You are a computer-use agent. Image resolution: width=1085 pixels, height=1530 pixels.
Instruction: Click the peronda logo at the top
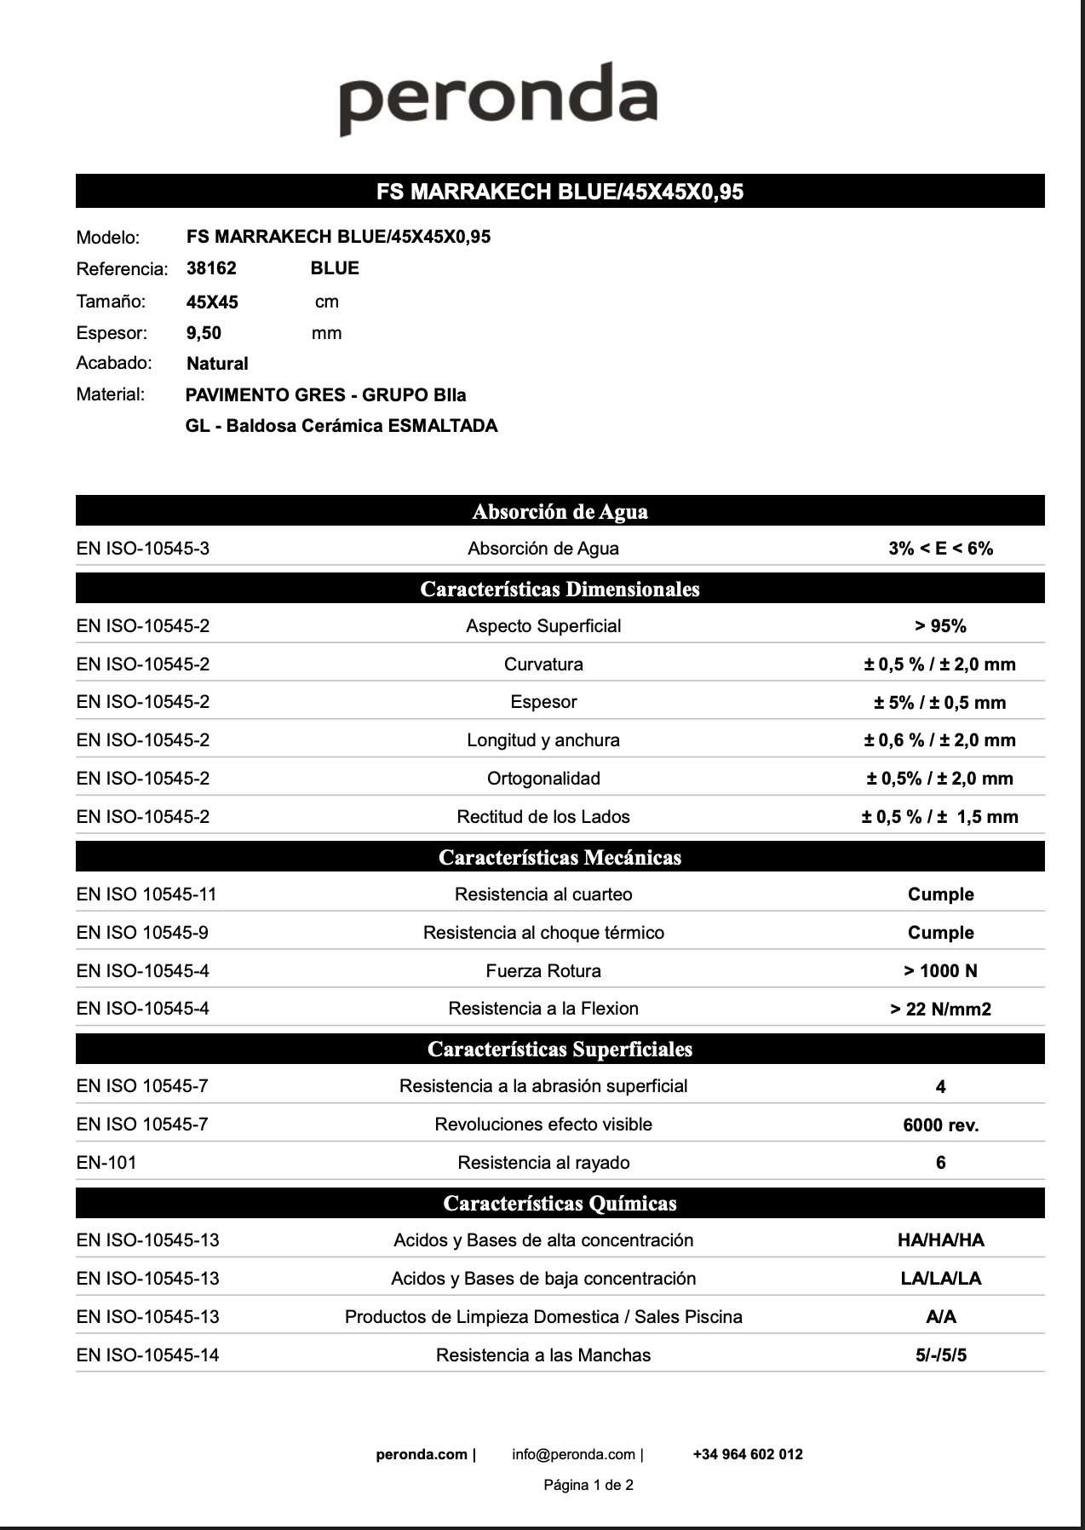[x=498, y=98]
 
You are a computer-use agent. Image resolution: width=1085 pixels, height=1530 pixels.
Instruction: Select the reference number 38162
[x=211, y=268]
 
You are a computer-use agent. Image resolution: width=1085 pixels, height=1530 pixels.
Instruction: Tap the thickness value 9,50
[x=204, y=333]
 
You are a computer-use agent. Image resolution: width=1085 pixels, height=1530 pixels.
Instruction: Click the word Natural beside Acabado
[x=217, y=364]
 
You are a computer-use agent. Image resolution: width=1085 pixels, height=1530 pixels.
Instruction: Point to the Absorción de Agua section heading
[x=560, y=511]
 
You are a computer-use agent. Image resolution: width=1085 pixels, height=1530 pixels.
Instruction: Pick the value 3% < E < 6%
[x=940, y=549]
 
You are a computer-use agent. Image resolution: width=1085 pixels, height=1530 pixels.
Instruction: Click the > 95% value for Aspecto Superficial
[x=940, y=626]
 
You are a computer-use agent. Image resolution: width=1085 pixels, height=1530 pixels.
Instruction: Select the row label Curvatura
[x=543, y=664]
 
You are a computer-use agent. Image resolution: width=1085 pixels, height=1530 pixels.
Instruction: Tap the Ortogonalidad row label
[x=543, y=779]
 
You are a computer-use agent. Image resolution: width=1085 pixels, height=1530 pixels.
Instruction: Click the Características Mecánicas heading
[x=560, y=857]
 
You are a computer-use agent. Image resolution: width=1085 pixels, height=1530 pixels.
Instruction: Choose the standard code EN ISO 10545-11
[x=146, y=894]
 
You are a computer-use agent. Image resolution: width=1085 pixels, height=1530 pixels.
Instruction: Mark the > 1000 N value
[x=940, y=971]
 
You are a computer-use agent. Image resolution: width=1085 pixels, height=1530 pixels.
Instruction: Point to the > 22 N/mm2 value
[x=940, y=1009]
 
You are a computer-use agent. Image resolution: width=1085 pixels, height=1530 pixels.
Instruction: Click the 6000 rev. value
[x=940, y=1125]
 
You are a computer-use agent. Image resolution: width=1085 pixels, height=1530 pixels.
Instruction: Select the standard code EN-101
[x=106, y=1163]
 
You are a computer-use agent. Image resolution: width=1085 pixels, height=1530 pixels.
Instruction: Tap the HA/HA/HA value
[x=940, y=1240]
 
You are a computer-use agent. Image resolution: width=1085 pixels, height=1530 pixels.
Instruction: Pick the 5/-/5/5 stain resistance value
[x=940, y=1355]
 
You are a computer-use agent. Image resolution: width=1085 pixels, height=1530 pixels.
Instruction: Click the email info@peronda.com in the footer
[x=574, y=1454]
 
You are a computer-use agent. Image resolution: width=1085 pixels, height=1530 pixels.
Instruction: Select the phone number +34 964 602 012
[x=748, y=1454]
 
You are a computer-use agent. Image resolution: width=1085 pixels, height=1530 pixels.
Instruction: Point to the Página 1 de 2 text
[x=588, y=1485]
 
